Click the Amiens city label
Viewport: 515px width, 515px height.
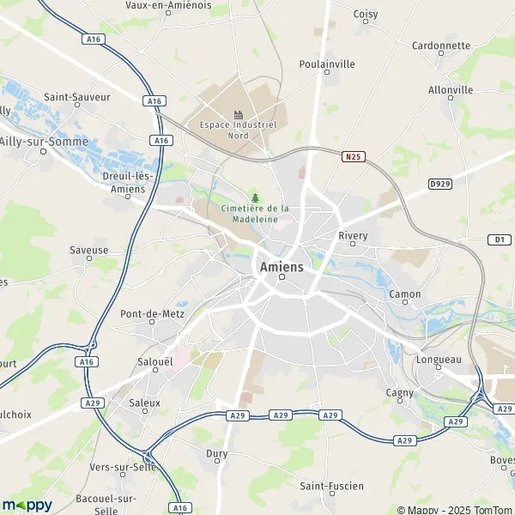[280, 267]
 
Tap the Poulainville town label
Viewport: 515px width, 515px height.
[326, 64]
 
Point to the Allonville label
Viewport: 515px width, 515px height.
[451, 90]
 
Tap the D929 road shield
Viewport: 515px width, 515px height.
[440, 184]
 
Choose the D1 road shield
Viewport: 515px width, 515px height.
[500, 239]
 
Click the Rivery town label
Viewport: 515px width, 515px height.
[353, 236]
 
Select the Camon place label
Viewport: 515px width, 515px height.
[405, 294]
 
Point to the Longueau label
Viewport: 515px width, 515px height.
[439, 361]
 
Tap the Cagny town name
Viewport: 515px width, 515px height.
[400, 393]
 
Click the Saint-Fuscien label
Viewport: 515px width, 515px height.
[331, 487]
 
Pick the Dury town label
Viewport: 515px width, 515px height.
[216, 453]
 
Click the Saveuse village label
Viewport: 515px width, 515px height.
[89, 251]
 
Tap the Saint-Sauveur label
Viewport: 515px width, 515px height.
[77, 98]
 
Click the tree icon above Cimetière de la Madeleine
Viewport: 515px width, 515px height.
[255, 197]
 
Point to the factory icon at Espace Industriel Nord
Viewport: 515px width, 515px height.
[238, 114]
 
